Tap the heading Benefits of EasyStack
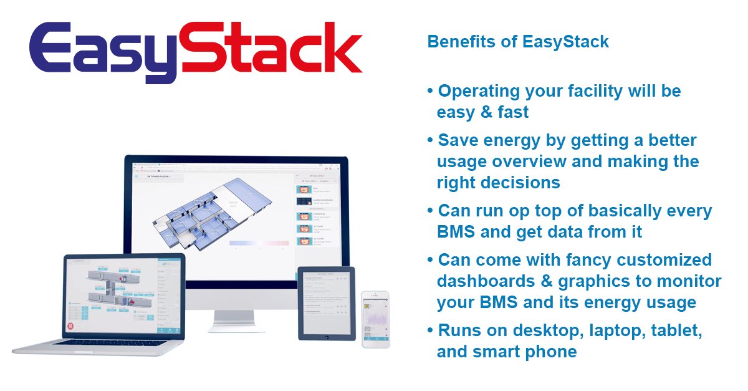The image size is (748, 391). click(x=517, y=42)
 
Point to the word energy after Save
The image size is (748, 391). click(x=510, y=140)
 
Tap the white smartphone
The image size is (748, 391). click(x=375, y=320)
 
